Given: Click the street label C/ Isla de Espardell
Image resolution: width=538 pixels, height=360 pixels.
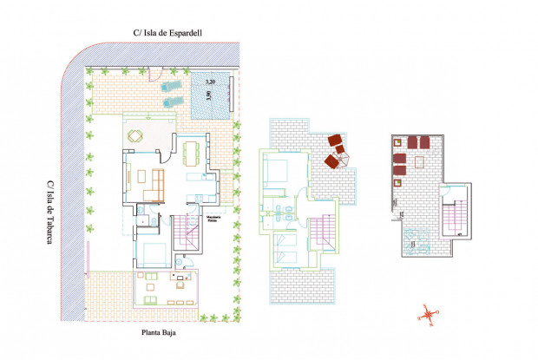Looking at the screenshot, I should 173,33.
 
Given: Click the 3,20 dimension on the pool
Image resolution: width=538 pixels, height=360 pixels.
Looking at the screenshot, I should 210,82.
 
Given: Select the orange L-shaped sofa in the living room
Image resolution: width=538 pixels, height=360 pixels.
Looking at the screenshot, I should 156,183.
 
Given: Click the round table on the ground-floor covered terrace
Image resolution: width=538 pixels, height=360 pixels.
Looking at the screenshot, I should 135,135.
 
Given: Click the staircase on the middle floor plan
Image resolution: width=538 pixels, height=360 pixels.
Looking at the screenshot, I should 320,232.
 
